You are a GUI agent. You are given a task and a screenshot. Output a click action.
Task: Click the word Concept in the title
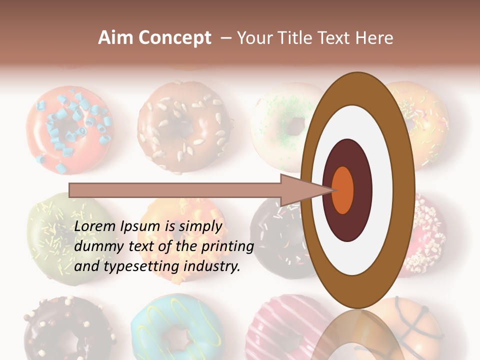click(x=175, y=38)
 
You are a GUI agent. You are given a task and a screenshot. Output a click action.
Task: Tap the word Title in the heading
click(x=296, y=38)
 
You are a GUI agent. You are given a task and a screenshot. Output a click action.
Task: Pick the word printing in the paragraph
click(x=227, y=246)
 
